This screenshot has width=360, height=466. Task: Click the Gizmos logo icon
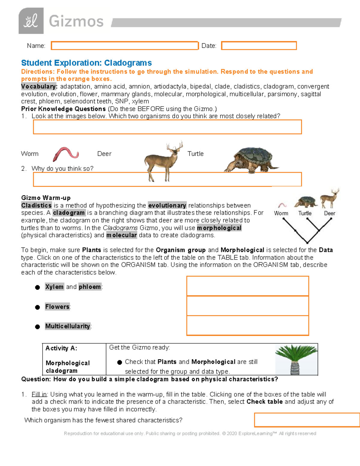tap(31, 21)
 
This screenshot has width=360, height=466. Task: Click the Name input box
tap(124, 46)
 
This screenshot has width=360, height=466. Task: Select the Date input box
tap(259, 46)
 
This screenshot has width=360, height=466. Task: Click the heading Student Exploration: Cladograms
tap(86, 63)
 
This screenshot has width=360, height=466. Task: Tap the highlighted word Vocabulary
tap(39, 86)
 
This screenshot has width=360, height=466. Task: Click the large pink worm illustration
tap(65, 154)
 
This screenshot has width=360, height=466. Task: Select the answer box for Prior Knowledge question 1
tap(167, 127)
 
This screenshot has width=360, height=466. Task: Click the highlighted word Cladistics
tap(36, 206)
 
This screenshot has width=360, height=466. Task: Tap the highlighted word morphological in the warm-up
tap(219, 228)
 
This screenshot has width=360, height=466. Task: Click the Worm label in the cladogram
tap(281, 213)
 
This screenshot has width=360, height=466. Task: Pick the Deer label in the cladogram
tap(329, 213)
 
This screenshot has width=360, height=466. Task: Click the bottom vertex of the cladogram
tap(307, 242)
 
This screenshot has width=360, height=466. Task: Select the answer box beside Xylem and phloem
tap(247, 286)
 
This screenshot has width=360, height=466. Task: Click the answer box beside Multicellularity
tap(247, 325)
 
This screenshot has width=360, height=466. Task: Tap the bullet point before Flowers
tap(37, 307)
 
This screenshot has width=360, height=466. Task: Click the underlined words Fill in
tap(39, 394)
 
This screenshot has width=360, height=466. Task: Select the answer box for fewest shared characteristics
tap(307, 420)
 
